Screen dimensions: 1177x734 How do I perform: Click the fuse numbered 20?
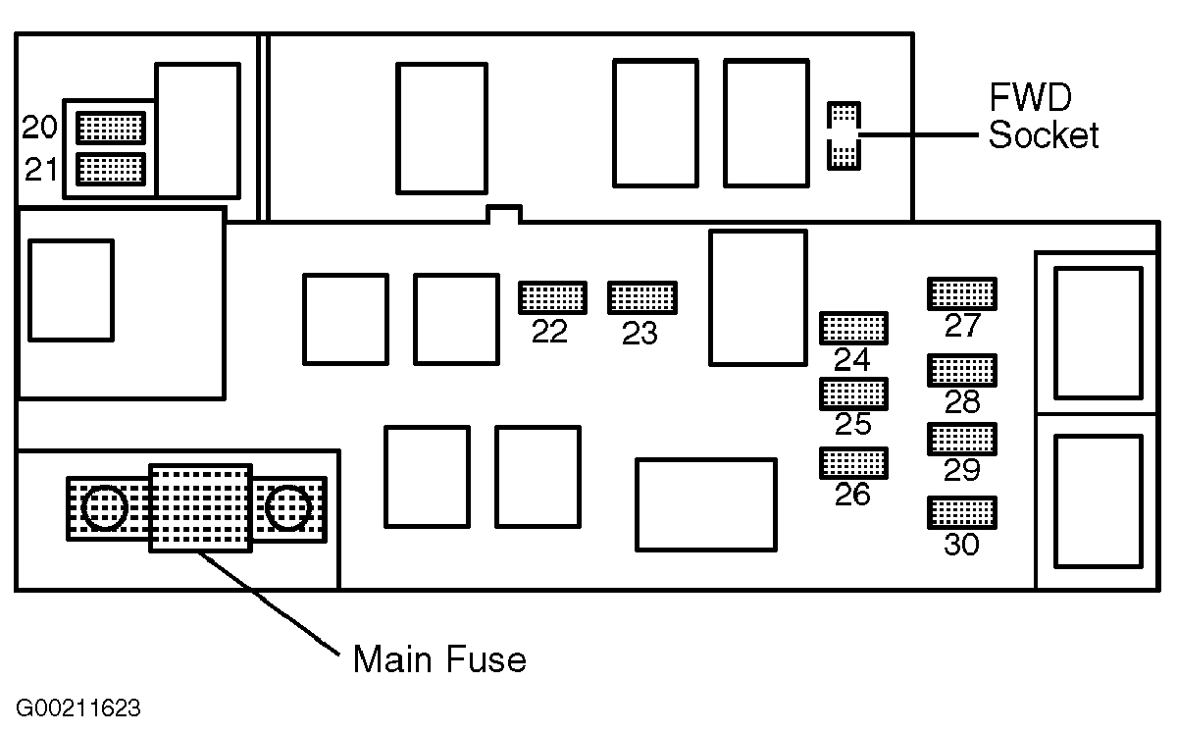click(x=111, y=128)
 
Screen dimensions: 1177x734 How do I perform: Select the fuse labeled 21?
click(x=111, y=170)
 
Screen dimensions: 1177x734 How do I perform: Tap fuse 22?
click(x=553, y=297)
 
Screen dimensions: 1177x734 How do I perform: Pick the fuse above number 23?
click(x=642, y=297)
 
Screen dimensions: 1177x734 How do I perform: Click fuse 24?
click(x=854, y=328)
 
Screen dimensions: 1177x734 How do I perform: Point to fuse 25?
click(x=854, y=393)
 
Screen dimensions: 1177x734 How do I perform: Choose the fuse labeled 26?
click(x=854, y=463)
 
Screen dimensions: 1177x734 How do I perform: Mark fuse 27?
click(x=962, y=293)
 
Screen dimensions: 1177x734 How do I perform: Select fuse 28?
click(x=962, y=370)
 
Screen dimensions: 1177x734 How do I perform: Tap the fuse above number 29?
click(x=962, y=439)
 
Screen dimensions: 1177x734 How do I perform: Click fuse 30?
click(x=962, y=512)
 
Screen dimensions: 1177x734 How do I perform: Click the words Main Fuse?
click(x=439, y=659)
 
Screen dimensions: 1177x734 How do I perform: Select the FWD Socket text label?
click(x=1043, y=116)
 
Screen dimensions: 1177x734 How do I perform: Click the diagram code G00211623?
click(x=78, y=708)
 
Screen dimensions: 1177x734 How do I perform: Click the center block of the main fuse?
click(x=201, y=508)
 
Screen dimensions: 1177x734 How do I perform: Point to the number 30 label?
click(x=961, y=545)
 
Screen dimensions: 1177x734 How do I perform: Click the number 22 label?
click(x=549, y=332)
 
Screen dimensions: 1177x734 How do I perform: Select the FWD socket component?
click(x=844, y=135)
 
